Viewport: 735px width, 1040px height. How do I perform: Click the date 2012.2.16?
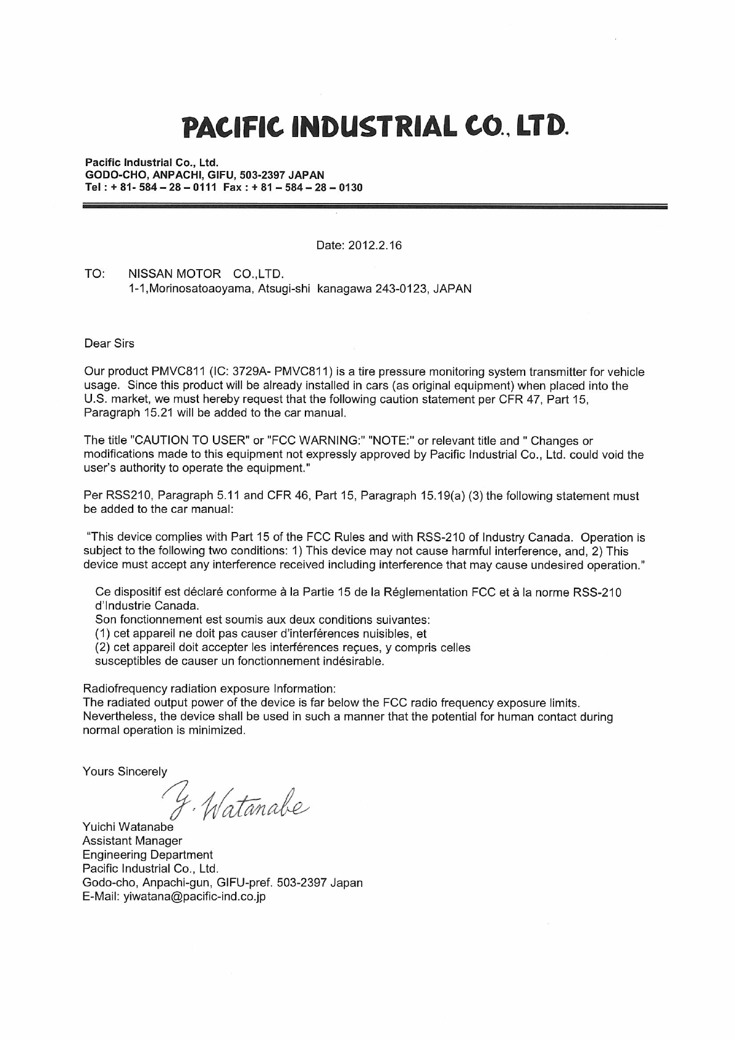(375, 246)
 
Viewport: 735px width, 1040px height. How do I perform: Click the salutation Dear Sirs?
(109, 343)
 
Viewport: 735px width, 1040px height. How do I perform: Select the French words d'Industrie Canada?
(147, 606)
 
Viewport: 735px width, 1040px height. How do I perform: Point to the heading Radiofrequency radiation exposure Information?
(209, 688)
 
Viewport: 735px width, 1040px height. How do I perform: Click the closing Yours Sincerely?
(125, 772)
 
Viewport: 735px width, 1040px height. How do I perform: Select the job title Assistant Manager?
(132, 841)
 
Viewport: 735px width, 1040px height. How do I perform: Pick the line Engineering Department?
(147, 855)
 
